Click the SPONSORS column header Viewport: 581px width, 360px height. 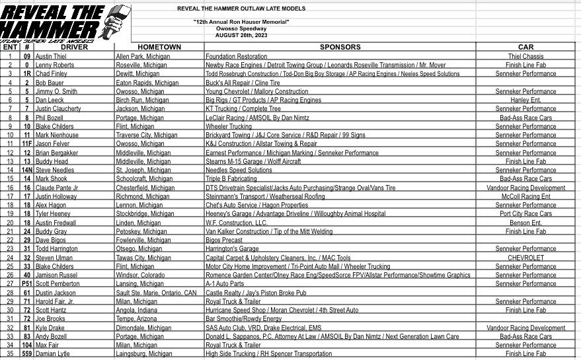[340, 47]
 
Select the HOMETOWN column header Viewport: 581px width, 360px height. [159, 47]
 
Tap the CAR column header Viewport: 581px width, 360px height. [525, 47]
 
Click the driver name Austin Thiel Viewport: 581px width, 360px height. [51, 57]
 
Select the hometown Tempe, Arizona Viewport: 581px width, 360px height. [135, 318]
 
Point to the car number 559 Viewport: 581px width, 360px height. [26, 353]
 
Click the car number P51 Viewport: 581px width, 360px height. [26, 283]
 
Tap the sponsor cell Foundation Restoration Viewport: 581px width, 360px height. [236, 57]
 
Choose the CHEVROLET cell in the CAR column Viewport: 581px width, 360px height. [525, 258]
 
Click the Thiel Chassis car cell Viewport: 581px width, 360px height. [525, 57]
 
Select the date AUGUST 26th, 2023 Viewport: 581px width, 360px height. [241, 36]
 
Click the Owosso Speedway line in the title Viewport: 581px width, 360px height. [241, 29]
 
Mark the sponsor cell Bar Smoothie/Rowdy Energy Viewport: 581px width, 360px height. [244, 318]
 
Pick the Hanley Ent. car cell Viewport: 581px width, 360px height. [525, 100]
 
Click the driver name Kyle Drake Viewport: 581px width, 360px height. [50, 328]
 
